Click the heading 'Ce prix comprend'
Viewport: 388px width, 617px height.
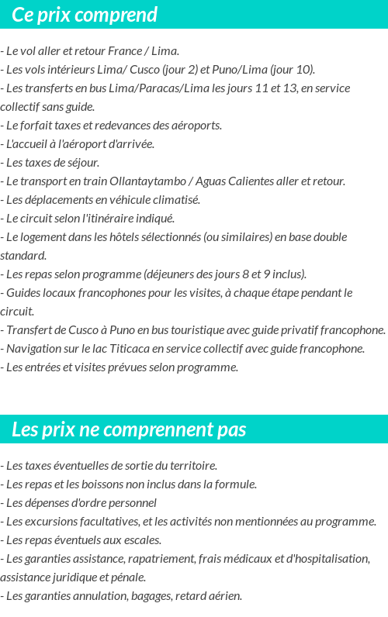tap(85, 15)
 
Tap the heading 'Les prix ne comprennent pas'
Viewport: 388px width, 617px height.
tap(129, 429)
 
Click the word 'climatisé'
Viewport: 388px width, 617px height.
tap(175, 200)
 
